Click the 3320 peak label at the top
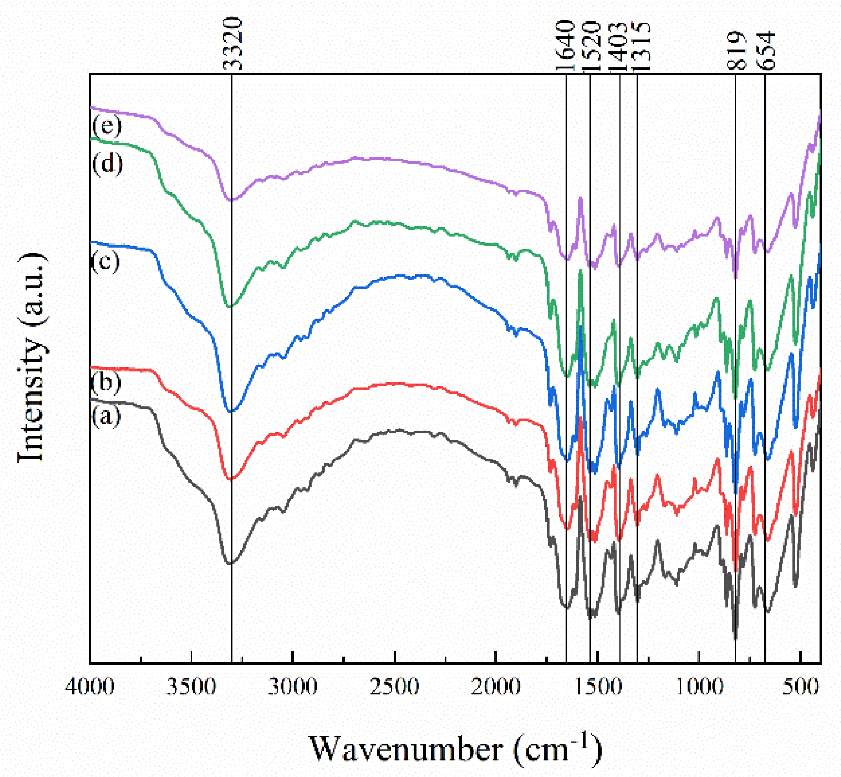[x=232, y=43]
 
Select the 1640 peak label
[x=565, y=46]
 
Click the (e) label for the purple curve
[x=107, y=125]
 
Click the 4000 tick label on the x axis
[x=90, y=687]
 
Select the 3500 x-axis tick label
[x=191, y=687]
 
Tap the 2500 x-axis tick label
[x=394, y=687]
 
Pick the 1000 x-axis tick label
[x=699, y=687]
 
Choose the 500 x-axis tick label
[x=801, y=687]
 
